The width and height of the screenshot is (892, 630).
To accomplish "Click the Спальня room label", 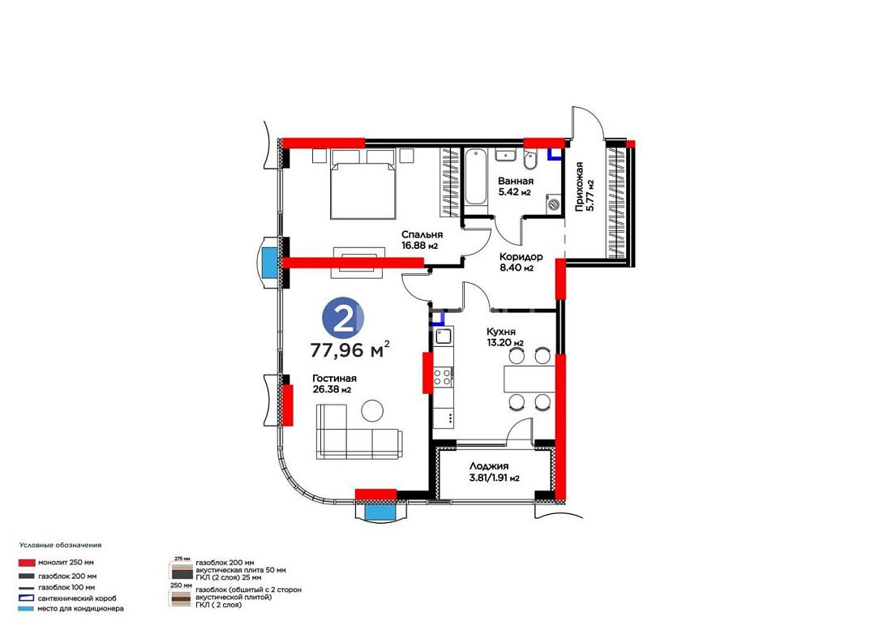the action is [x=422, y=234].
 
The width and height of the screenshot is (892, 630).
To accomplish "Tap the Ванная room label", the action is [x=516, y=182].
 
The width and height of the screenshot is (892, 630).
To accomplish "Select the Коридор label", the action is [x=521, y=257].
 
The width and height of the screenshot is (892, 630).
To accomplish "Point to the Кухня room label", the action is [x=500, y=332].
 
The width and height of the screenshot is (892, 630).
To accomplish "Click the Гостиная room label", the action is [x=334, y=379].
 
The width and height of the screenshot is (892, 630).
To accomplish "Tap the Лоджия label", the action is [x=489, y=466].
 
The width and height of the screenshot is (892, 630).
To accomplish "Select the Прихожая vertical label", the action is [x=580, y=187].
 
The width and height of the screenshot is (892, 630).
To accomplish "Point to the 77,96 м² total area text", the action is [x=350, y=349].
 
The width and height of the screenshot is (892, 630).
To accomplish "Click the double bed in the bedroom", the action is [x=362, y=184].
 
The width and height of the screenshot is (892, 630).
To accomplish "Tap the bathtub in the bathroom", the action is [x=475, y=177].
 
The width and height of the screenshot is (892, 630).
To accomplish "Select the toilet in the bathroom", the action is [x=530, y=160].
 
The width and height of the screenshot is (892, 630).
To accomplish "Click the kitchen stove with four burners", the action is [x=443, y=376].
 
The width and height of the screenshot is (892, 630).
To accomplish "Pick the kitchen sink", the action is [x=443, y=338].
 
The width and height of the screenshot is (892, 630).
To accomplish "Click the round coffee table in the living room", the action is [x=373, y=410].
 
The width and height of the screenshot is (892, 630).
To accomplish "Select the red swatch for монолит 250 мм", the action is [x=27, y=563].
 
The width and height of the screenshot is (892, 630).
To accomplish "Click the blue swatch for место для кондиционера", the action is [x=27, y=609].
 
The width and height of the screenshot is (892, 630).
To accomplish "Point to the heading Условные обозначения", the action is [x=60, y=545].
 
